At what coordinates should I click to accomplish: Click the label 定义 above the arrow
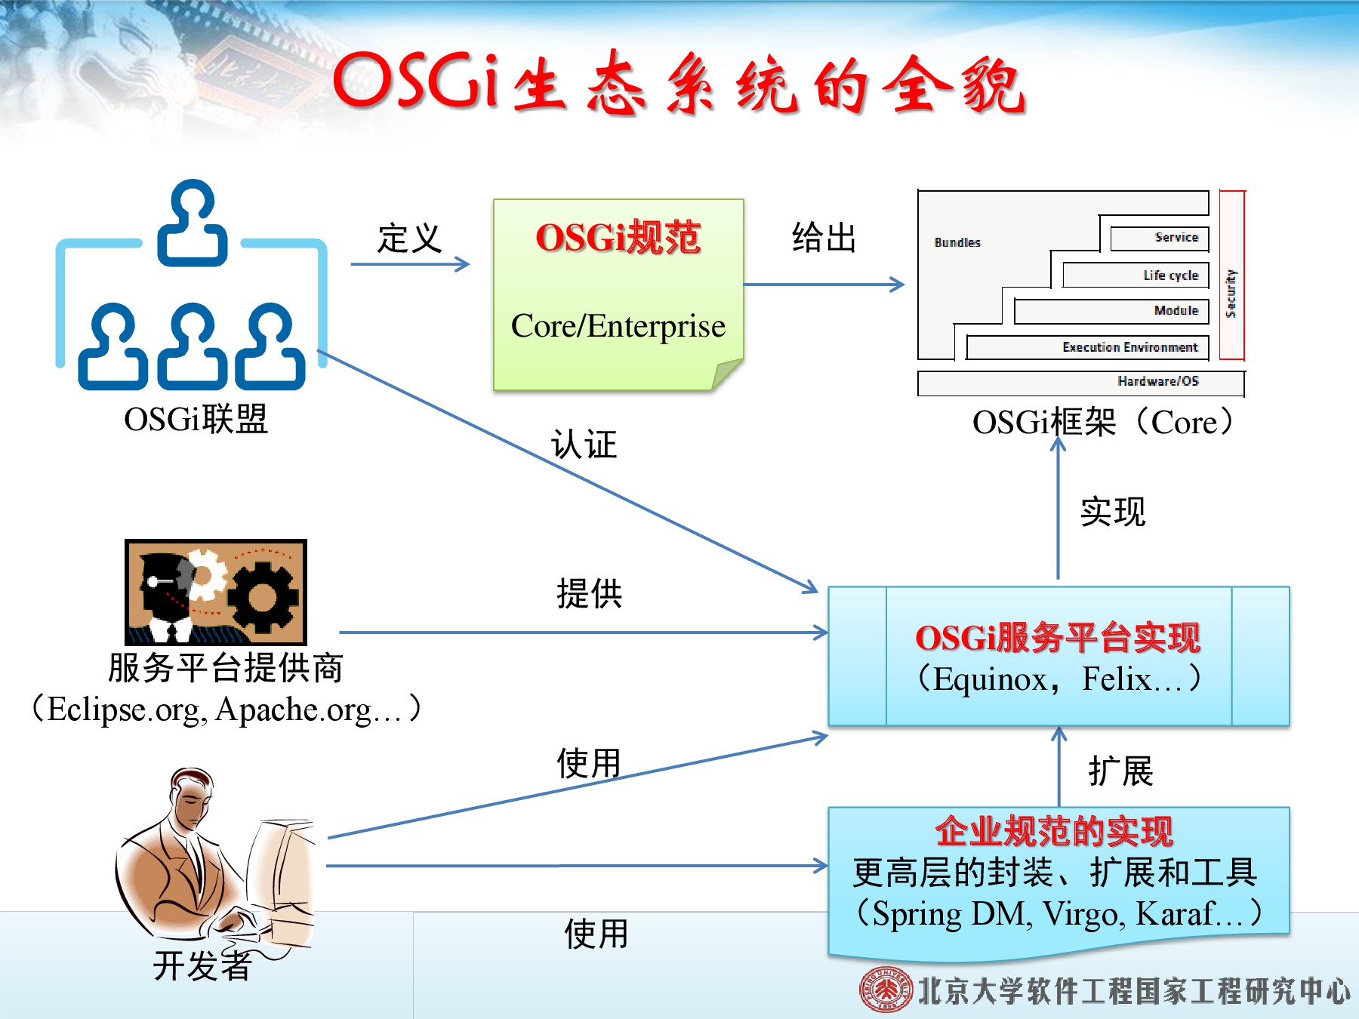click(409, 239)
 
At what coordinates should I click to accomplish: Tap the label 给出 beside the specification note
click(824, 238)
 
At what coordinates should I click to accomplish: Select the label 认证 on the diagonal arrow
click(584, 444)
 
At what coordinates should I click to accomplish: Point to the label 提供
click(590, 593)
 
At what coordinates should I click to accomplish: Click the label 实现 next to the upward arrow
click(1113, 512)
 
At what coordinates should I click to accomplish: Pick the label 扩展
click(1121, 771)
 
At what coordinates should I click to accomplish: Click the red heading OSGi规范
click(618, 237)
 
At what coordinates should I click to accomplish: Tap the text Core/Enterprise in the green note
click(618, 326)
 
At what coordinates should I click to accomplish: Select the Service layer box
click(1160, 238)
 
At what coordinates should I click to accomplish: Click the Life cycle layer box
click(1136, 276)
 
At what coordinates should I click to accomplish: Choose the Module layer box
click(1111, 311)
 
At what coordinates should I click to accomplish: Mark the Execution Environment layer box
click(1088, 347)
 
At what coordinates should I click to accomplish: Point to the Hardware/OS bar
click(1080, 383)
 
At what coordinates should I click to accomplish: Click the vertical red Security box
click(1231, 276)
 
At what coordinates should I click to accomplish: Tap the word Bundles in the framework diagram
click(957, 242)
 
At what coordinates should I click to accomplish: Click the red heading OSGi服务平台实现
click(1058, 638)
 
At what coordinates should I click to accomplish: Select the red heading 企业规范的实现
click(1054, 831)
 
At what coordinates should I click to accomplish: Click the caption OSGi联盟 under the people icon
click(196, 419)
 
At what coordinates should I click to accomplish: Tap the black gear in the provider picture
click(263, 597)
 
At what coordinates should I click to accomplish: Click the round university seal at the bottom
click(886, 990)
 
